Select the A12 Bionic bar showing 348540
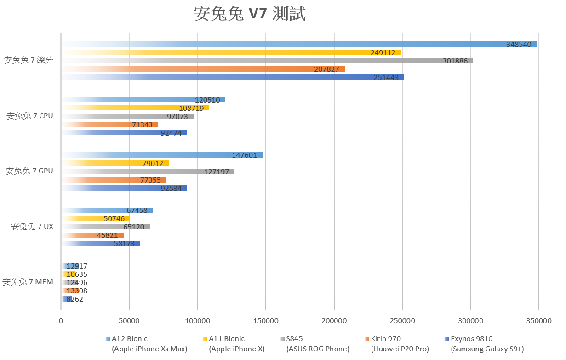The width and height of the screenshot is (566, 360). [299, 44]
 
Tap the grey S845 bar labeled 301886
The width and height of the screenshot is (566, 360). [267, 61]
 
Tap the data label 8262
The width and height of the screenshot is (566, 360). [74, 299]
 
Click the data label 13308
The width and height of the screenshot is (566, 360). [76, 291]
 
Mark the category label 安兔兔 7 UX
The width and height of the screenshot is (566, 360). [32, 227]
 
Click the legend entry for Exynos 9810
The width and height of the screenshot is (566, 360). [471, 339]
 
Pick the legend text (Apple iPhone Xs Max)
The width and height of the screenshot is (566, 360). [149, 349]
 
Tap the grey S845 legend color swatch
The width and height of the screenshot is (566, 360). [282, 339]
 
